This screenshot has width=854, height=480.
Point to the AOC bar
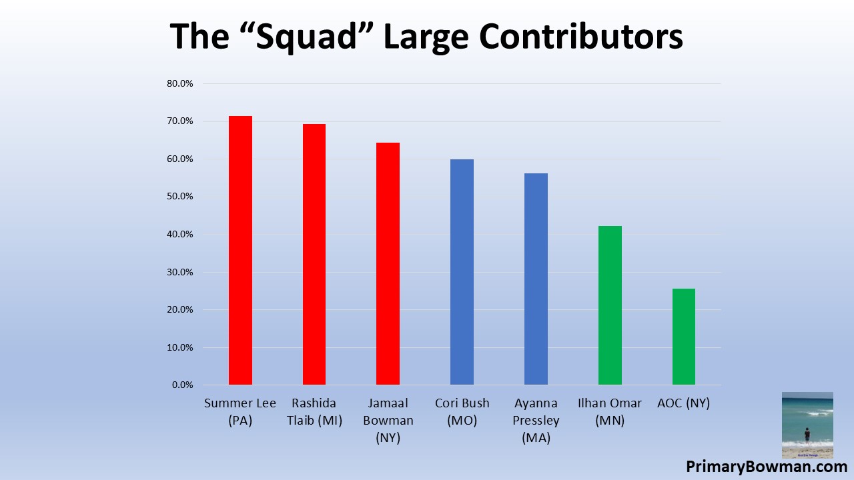(683, 337)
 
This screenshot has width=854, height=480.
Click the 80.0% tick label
(179, 84)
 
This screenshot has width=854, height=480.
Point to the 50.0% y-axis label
(179, 197)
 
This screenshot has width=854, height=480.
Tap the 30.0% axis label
(179, 272)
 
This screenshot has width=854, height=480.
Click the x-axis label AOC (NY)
(683, 403)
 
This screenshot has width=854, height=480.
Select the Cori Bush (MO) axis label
(462, 412)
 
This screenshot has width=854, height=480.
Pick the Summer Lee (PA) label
(240, 412)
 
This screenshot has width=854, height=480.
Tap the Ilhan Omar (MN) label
(610, 412)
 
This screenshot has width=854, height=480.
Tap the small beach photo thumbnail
(807, 425)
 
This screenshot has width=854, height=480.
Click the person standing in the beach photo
(807, 435)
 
